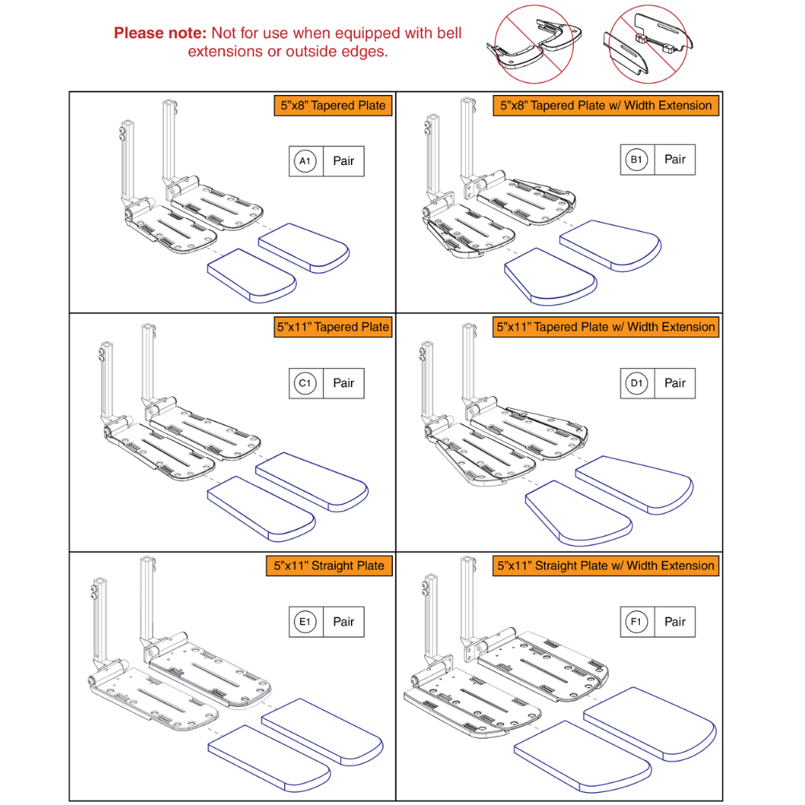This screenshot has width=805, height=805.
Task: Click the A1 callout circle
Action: click(x=304, y=162)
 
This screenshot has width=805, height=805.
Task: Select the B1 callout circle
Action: click(x=636, y=160)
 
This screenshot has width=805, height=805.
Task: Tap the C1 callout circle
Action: click(x=304, y=384)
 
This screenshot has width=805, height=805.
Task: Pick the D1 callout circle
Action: click(x=636, y=383)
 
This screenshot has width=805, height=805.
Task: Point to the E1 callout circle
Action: click(x=304, y=621)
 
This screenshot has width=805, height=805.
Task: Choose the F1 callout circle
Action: click(x=636, y=621)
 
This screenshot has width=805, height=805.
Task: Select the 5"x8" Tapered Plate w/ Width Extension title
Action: click(x=605, y=105)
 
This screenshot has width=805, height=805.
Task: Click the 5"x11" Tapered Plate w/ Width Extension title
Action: click(x=605, y=327)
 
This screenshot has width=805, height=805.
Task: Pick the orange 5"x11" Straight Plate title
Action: click(x=329, y=565)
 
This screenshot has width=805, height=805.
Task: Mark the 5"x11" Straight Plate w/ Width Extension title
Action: click(x=605, y=565)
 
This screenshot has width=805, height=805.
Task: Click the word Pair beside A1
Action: click(x=344, y=162)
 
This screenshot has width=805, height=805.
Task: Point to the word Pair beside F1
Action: click(x=675, y=621)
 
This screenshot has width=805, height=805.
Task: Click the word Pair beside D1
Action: click(x=675, y=383)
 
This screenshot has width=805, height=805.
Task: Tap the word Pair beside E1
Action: click(x=344, y=621)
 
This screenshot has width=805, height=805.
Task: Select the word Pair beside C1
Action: click(x=344, y=384)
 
